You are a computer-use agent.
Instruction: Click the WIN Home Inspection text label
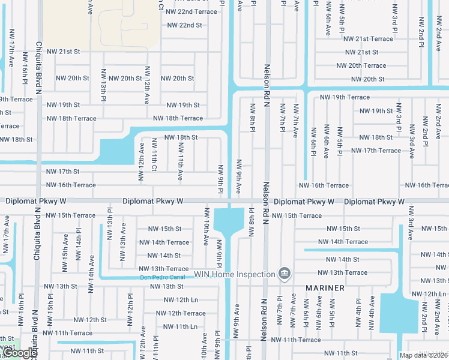coord(234,274)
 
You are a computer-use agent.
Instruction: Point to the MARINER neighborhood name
coord(325,288)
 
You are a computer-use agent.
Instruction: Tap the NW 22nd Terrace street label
coord(191,11)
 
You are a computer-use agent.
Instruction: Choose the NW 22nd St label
coord(184,25)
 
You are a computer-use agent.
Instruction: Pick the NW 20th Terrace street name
coord(361,65)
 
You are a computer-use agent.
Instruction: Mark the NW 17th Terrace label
coord(376,151)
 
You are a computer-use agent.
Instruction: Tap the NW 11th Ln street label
coord(176,326)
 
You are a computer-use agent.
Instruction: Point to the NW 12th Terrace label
coord(181,313)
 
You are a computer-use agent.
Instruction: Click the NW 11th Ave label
coord(180,166)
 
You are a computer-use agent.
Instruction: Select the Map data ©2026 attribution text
coord(423,355)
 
